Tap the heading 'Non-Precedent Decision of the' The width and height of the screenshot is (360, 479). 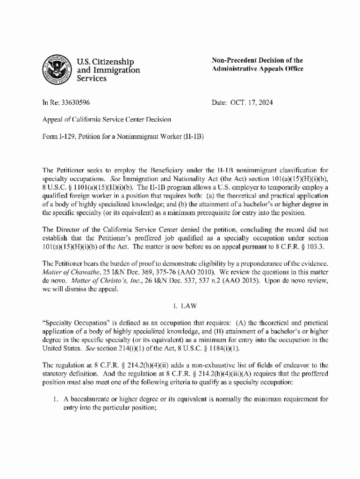[257, 60]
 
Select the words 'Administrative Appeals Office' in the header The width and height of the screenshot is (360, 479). [258, 69]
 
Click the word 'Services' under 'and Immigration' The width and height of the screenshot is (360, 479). [92, 79]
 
